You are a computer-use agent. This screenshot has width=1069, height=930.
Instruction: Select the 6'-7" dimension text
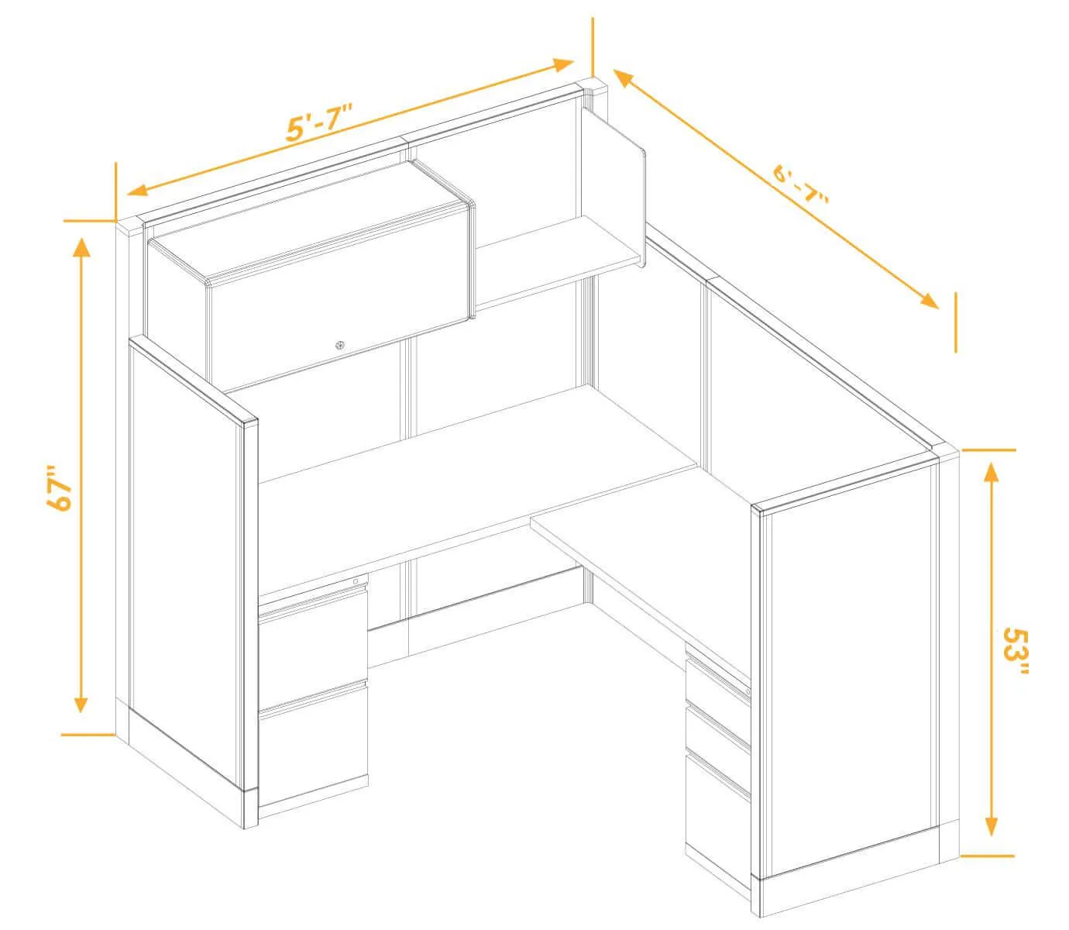coord(801,184)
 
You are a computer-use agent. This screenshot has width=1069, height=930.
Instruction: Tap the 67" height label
coord(59,487)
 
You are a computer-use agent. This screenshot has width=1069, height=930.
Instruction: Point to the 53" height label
coord(1016,651)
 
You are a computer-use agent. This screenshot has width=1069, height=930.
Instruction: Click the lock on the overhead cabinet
coord(339,345)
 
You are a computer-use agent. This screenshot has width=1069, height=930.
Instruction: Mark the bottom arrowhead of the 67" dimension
coord(81,702)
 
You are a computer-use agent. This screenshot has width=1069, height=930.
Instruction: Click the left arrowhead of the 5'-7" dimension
coord(138,190)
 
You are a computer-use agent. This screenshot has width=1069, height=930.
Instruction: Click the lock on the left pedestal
coord(356,581)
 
